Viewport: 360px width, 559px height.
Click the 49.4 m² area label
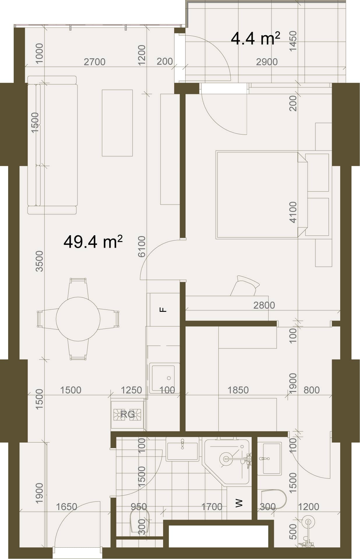(x=93, y=242)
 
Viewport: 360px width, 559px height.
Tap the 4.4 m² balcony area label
(x=255, y=38)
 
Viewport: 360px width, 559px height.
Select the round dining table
(x=78, y=319)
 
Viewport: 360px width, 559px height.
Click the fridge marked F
(x=164, y=309)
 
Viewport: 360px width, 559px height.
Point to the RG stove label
(x=128, y=414)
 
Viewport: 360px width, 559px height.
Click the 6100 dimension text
(x=142, y=246)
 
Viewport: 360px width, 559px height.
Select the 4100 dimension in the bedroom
(x=293, y=212)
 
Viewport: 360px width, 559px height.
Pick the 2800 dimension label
(x=264, y=305)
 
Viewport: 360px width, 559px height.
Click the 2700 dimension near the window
(x=95, y=62)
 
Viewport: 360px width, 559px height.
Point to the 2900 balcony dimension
(x=267, y=62)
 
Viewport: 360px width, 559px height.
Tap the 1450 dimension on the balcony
(x=293, y=41)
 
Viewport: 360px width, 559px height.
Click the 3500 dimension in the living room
(x=39, y=261)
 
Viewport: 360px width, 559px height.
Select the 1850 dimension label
(x=238, y=390)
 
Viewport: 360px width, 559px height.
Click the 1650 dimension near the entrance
(x=66, y=507)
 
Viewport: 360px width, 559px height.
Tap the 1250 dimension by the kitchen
(x=131, y=390)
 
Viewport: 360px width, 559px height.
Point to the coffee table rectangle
(x=117, y=123)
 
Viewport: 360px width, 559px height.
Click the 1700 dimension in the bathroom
(x=212, y=507)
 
